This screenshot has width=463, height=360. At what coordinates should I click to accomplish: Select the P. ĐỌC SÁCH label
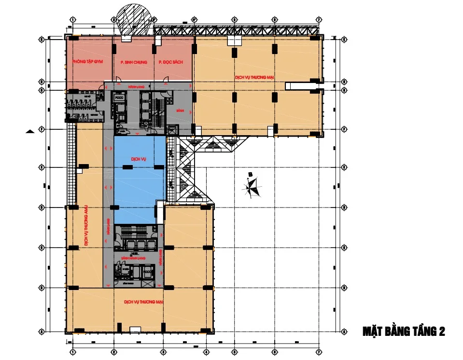171,62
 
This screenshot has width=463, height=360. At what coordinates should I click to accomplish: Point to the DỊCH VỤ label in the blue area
139,158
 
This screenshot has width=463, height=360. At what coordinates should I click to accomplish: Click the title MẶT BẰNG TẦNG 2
404,332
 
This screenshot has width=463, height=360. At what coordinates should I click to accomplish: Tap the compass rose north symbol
252,186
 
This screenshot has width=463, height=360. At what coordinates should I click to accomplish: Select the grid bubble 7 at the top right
319,20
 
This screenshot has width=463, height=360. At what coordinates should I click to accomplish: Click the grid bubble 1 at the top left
72,20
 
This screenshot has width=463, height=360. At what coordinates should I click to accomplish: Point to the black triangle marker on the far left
30,131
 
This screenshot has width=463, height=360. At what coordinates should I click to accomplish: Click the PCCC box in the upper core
119,97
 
